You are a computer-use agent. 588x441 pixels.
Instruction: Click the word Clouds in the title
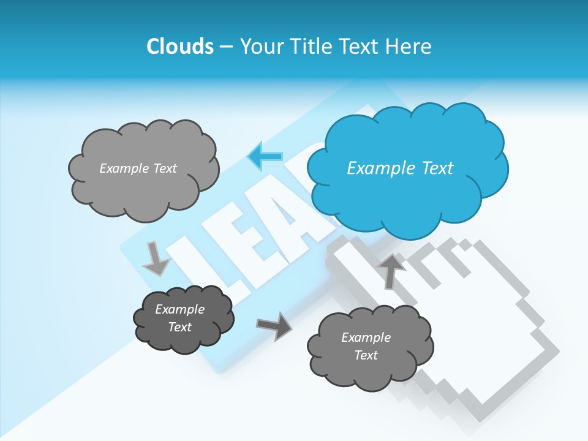(179, 47)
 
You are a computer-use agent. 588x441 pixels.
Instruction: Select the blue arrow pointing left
(265, 157)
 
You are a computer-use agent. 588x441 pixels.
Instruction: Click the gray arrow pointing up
(391, 270)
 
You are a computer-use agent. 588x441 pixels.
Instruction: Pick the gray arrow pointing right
(274, 326)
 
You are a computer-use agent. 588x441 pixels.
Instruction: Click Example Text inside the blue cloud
(400, 168)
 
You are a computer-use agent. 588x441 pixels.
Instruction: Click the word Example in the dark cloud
(179, 309)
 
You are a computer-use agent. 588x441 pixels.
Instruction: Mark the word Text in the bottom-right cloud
(366, 355)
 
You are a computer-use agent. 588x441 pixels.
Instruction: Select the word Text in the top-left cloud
(164, 168)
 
